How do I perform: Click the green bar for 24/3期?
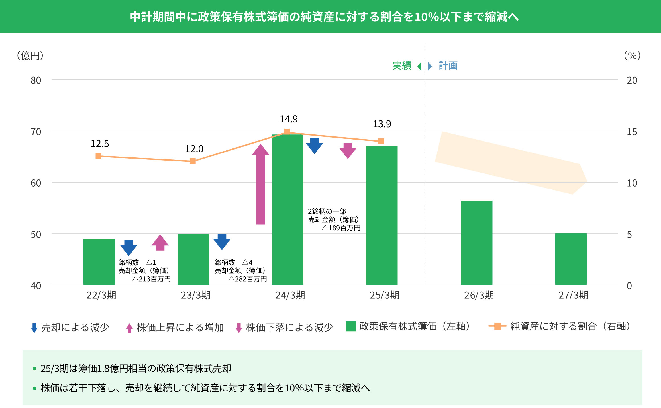[x=287, y=210]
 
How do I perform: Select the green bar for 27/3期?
[x=571, y=259]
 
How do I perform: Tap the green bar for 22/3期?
[x=99, y=262]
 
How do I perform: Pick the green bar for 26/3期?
[x=476, y=243]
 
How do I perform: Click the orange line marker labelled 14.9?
[x=287, y=132]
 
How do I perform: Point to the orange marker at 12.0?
[x=193, y=161]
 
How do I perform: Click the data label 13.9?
[x=382, y=124]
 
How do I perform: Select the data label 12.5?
[x=100, y=144]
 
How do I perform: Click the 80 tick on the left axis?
[x=36, y=80]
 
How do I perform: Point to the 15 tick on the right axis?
[x=632, y=132]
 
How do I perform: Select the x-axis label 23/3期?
[x=195, y=295]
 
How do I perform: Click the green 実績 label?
[x=402, y=66]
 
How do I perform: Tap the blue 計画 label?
[x=448, y=66]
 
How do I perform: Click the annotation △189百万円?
[x=341, y=228]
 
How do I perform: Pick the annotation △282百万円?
[x=247, y=279]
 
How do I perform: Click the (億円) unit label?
[x=30, y=56]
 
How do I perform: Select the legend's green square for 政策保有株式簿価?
[x=350, y=326]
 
